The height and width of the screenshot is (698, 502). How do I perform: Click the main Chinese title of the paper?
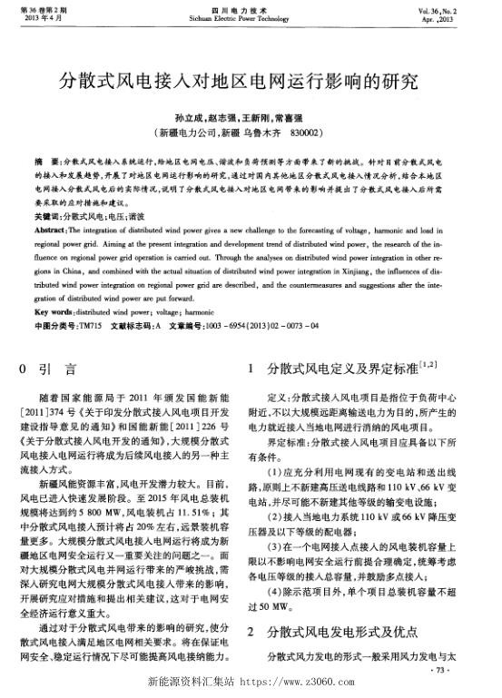tap(251, 82)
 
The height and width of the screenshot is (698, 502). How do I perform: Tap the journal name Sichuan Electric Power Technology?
tap(251, 17)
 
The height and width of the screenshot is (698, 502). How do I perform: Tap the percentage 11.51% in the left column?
tap(197, 511)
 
